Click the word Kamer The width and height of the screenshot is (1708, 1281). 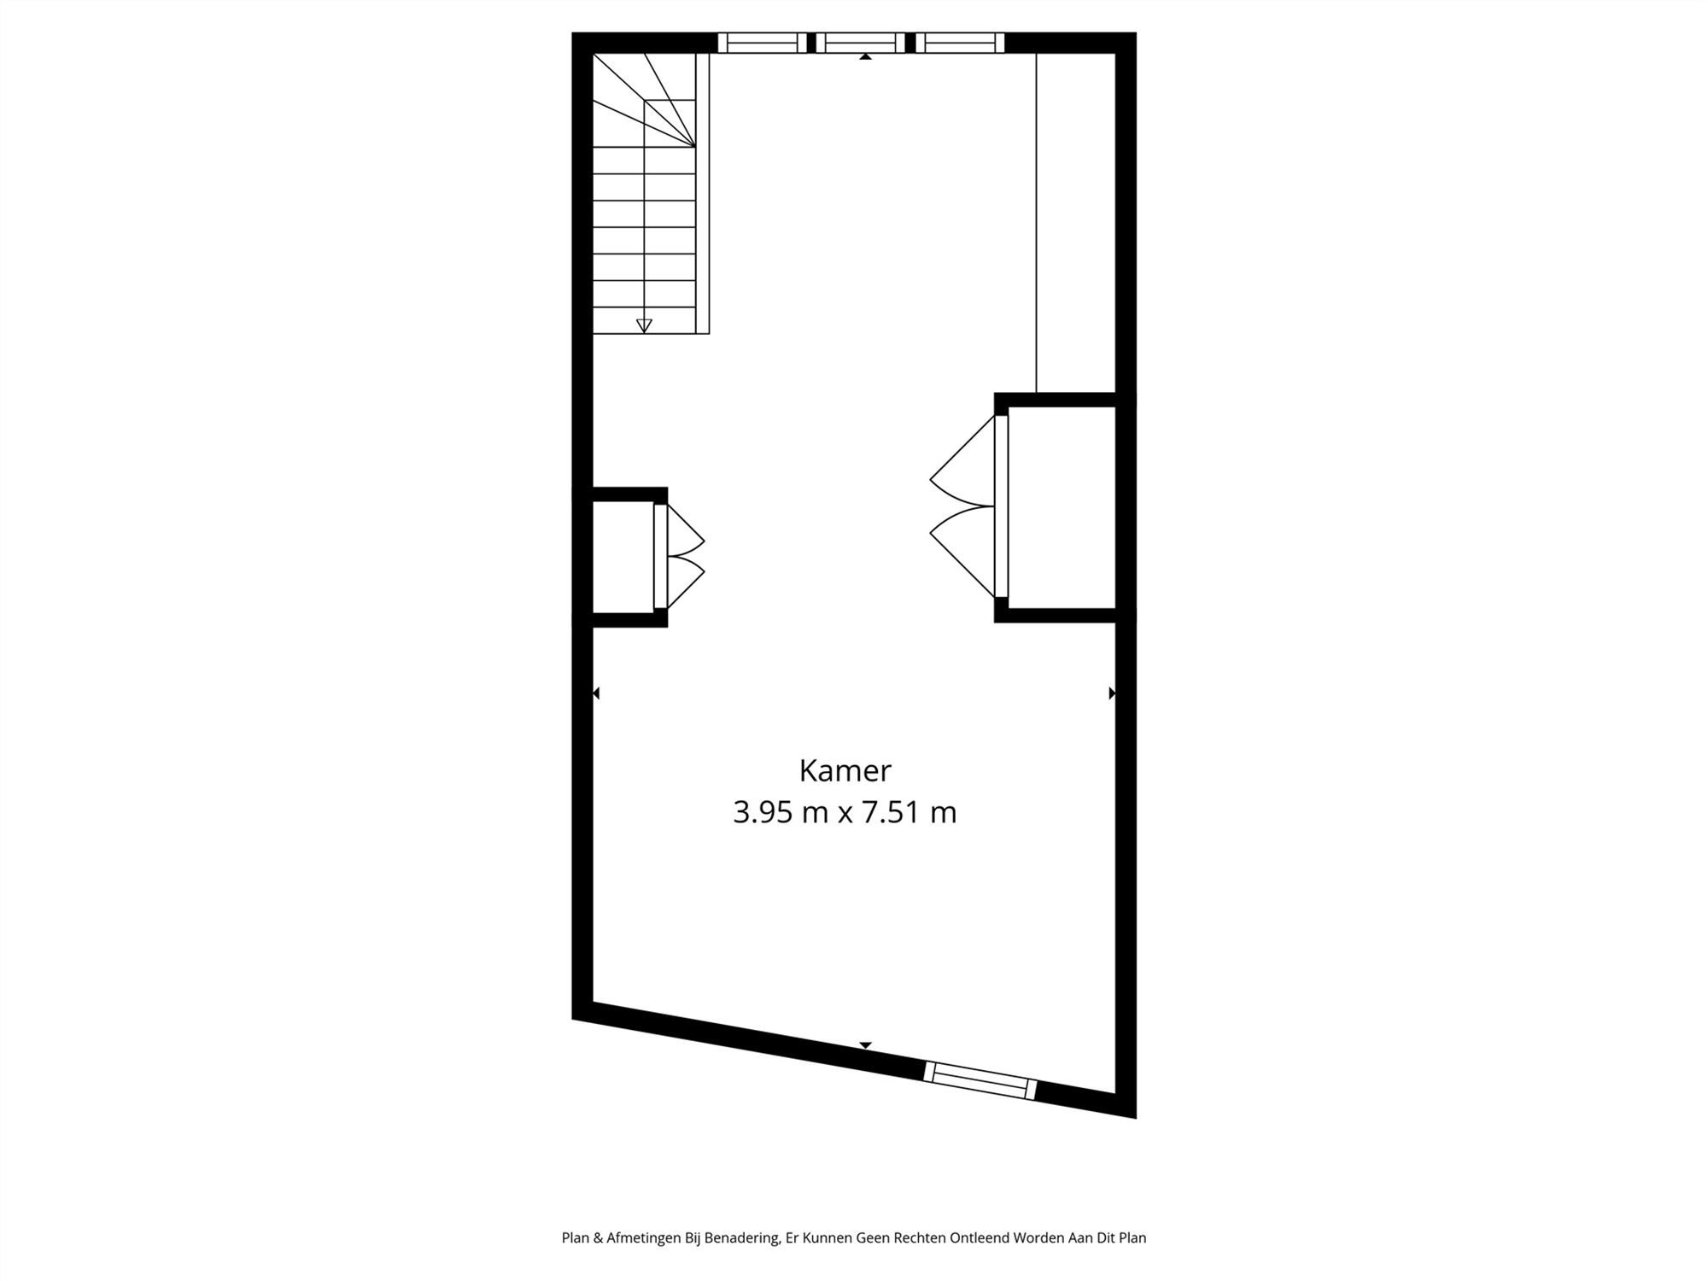click(845, 771)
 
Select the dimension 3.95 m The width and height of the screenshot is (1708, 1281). click(781, 812)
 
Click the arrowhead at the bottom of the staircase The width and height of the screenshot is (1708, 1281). click(644, 325)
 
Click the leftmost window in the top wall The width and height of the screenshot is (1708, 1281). click(762, 43)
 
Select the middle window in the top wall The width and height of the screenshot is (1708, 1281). click(860, 43)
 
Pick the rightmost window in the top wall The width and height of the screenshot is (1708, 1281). click(960, 43)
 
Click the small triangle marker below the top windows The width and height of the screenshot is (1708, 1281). click(865, 56)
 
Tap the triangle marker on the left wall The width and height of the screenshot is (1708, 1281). click(596, 693)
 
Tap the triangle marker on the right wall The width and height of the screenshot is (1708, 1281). click(1112, 693)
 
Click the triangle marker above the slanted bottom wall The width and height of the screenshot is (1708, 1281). click(865, 1045)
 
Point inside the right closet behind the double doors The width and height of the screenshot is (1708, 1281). click(1062, 507)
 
